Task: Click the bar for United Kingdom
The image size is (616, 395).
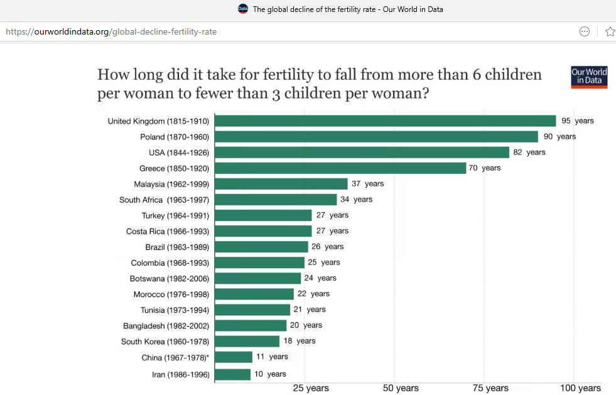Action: pos(385,121)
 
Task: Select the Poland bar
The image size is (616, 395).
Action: pos(376,137)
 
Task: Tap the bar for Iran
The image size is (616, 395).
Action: pos(232,374)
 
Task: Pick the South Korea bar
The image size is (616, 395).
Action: pos(247,341)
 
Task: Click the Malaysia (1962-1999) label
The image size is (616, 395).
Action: pos(171,184)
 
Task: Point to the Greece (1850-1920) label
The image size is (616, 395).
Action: pos(174,168)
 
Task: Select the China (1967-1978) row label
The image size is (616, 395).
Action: pos(175,357)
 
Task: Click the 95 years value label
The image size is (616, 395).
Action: pos(577,121)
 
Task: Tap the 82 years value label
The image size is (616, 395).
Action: pos(529,152)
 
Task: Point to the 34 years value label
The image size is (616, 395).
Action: pos(356,199)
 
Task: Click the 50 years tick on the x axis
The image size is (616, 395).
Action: pos(401,388)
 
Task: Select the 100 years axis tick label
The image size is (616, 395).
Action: pos(580,388)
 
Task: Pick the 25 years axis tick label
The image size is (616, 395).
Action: pos(311,388)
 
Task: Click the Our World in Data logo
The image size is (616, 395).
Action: pos(589,77)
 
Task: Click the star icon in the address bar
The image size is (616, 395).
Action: pos(609,31)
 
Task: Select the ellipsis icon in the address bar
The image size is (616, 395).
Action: pos(585,31)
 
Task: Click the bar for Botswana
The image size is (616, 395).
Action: pos(257,278)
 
